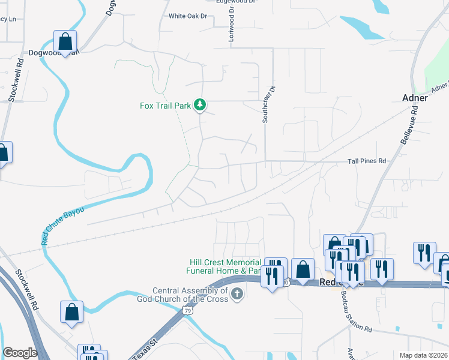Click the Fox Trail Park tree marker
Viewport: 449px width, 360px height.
coord(200,106)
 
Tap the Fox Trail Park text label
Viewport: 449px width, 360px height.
coord(165,106)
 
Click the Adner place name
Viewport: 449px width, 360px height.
coord(415,98)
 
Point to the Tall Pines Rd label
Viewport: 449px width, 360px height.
coord(366,161)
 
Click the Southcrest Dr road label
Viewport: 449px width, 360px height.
coord(268,104)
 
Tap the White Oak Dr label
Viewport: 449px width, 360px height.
coord(187,16)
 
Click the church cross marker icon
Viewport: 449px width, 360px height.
coord(238,295)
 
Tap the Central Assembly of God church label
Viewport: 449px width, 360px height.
coord(190,295)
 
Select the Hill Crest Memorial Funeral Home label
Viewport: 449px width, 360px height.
coord(223,266)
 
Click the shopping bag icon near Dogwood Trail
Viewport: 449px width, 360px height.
coord(65,41)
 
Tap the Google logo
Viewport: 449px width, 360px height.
coord(20,353)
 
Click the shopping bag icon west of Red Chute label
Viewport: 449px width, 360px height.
coord(304,269)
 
